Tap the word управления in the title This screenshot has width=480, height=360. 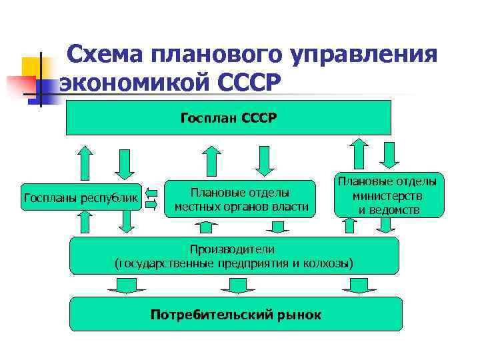point(370,55)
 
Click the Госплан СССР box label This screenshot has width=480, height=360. point(228,118)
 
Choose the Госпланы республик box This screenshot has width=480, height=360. point(81,197)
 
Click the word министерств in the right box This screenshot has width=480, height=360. point(387,197)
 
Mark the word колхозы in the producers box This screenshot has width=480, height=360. point(330,263)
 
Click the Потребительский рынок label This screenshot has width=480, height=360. point(236,314)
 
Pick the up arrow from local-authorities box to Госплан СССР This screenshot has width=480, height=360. point(211,161)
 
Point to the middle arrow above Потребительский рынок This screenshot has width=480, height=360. point(233,286)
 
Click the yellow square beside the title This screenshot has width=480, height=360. point(33,67)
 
